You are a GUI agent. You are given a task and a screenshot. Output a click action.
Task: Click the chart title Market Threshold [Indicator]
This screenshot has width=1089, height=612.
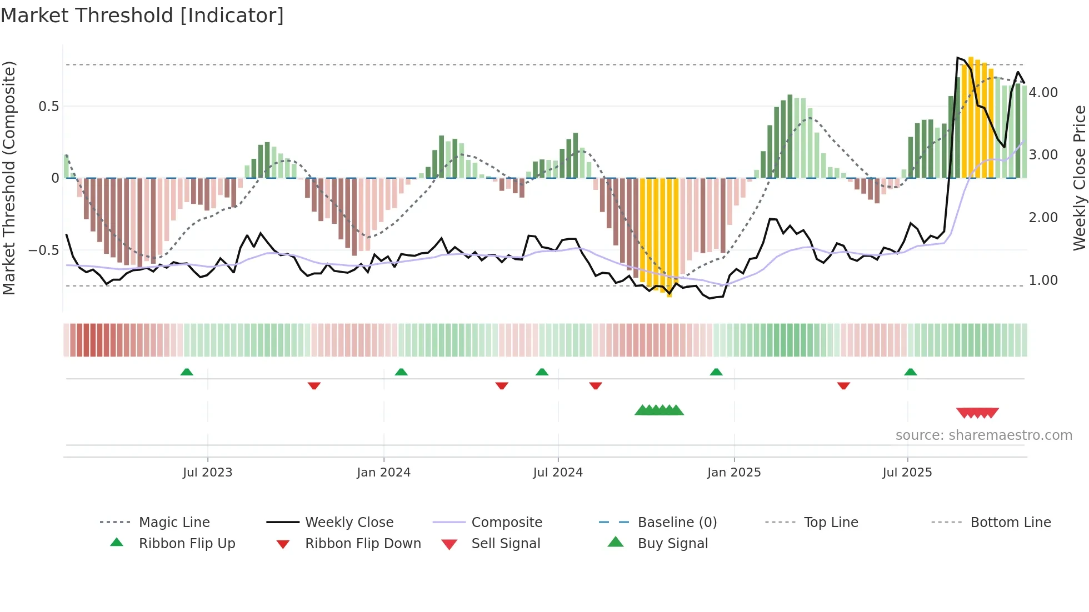142,16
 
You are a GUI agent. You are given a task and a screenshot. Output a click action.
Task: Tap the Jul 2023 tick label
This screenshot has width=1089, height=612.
207,473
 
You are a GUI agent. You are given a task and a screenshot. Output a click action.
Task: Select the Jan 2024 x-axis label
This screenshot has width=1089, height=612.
383,473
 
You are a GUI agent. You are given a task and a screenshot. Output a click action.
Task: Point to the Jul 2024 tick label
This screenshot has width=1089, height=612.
558,473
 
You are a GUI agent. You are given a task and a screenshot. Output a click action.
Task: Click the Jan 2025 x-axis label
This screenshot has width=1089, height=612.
734,473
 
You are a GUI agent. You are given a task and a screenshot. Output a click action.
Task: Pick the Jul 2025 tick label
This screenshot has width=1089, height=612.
907,473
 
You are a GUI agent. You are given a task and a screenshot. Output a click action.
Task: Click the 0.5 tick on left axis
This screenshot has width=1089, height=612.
49,107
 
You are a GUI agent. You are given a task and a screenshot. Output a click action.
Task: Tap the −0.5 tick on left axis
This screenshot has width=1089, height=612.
44,250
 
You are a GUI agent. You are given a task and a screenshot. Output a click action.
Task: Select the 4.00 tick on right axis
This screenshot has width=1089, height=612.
1043,93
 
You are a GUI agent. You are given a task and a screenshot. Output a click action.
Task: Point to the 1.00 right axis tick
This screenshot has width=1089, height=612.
1043,280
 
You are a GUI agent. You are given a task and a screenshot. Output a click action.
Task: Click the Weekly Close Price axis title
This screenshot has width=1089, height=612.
1079,178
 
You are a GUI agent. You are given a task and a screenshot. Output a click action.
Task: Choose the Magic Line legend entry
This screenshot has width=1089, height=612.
174,523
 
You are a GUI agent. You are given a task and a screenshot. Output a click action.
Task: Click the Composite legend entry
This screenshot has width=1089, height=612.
506,523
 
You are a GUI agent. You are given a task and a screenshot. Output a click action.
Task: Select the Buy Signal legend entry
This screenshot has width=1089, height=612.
672,544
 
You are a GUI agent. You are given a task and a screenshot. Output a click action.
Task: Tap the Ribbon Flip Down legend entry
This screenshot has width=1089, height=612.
363,544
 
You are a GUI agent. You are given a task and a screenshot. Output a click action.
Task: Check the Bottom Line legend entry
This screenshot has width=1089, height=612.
1010,523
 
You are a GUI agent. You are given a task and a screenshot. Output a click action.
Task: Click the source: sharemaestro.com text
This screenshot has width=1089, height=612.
983,435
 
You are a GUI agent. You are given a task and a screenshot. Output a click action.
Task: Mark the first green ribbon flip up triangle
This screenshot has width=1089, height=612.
187,372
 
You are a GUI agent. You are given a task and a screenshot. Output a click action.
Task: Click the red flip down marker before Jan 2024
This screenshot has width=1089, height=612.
314,385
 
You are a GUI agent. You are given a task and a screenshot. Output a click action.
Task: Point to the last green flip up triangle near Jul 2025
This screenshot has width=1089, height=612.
910,372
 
